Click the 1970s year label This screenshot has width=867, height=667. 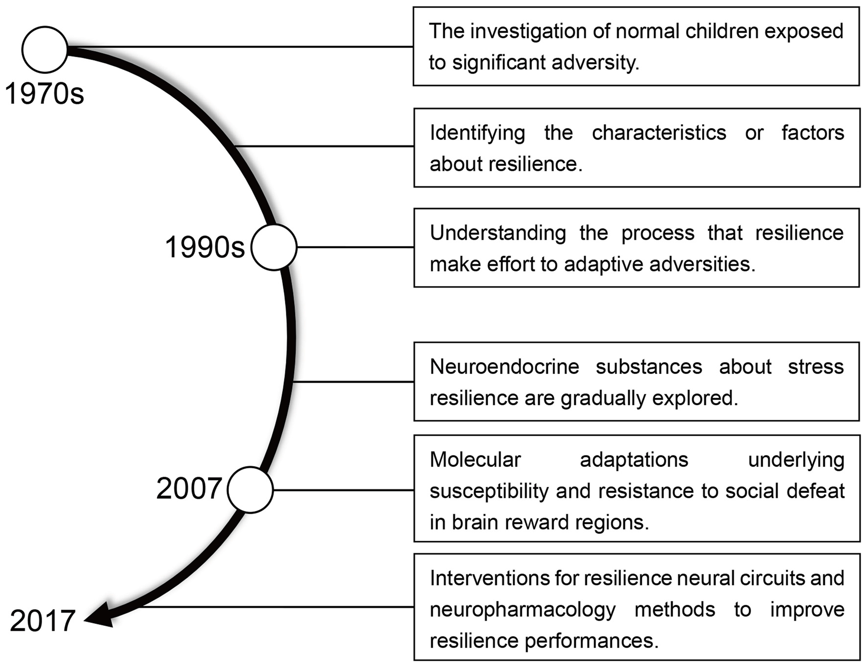(x=45, y=93)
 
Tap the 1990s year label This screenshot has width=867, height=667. (x=205, y=247)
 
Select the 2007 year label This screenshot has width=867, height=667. (x=189, y=488)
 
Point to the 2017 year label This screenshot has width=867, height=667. (x=43, y=621)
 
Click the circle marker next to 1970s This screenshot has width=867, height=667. (x=45, y=49)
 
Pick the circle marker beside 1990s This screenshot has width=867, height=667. (x=274, y=247)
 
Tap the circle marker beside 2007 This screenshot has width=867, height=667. (x=250, y=489)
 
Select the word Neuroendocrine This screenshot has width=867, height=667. (x=504, y=367)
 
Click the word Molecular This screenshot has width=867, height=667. (x=475, y=460)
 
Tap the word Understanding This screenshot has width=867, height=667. (x=498, y=233)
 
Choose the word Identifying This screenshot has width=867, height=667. (x=477, y=133)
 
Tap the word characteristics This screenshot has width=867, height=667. (x=659, y=133)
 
